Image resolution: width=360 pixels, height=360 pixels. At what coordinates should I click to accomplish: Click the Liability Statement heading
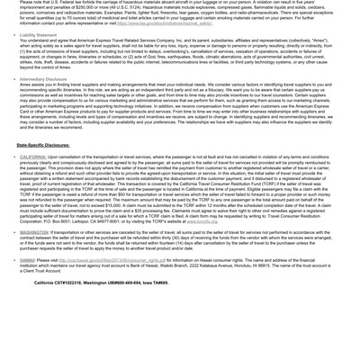(39, 36)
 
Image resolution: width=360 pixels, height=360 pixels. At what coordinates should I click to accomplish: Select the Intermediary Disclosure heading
(43, 79)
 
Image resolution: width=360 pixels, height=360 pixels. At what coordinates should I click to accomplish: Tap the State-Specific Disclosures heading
(42, 145)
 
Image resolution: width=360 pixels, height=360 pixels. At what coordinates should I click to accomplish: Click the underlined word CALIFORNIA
(35, 157)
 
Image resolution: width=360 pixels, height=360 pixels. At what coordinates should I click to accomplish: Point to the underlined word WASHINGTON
(36, 232)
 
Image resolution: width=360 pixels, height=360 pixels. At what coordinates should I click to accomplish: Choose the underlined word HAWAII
(28, 260)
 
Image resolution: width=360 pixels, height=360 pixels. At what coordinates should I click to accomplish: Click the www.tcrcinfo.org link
(202, 220)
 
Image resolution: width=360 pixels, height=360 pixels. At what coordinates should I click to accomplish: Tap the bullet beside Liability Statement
(13, 36)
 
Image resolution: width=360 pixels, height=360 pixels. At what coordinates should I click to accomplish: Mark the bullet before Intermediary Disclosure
(13, 79)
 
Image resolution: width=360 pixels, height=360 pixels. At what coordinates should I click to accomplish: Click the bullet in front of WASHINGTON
(13, 232)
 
